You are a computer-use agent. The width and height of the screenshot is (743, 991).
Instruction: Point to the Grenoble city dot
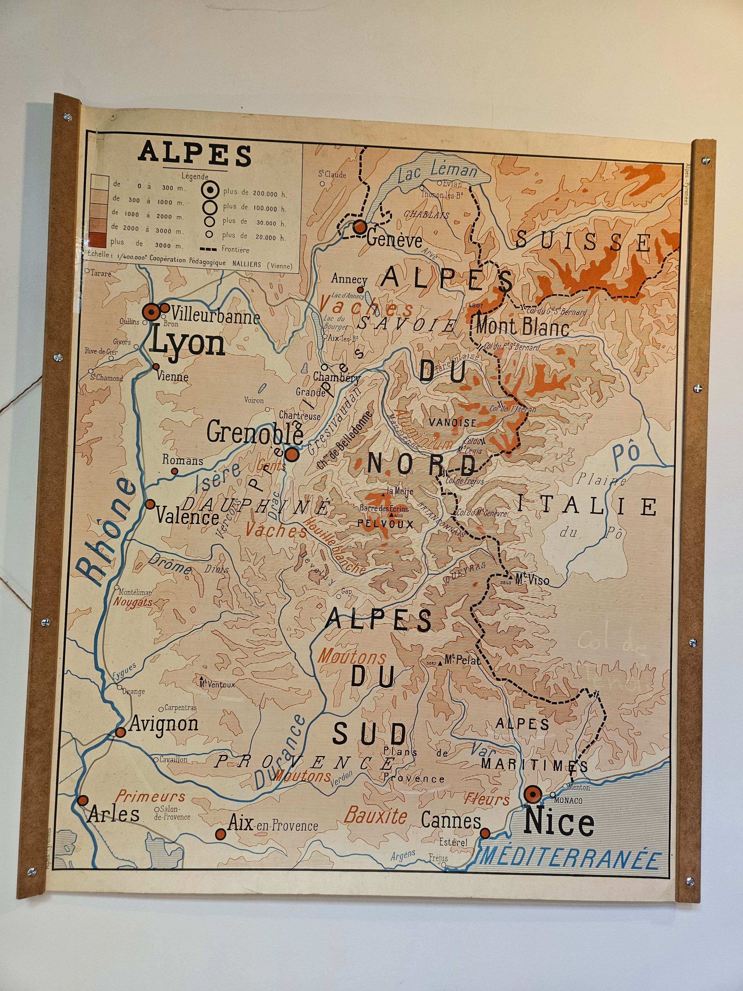coord(292,454)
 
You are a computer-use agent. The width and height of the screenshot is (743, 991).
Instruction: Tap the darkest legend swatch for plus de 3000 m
coord(99,242)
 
